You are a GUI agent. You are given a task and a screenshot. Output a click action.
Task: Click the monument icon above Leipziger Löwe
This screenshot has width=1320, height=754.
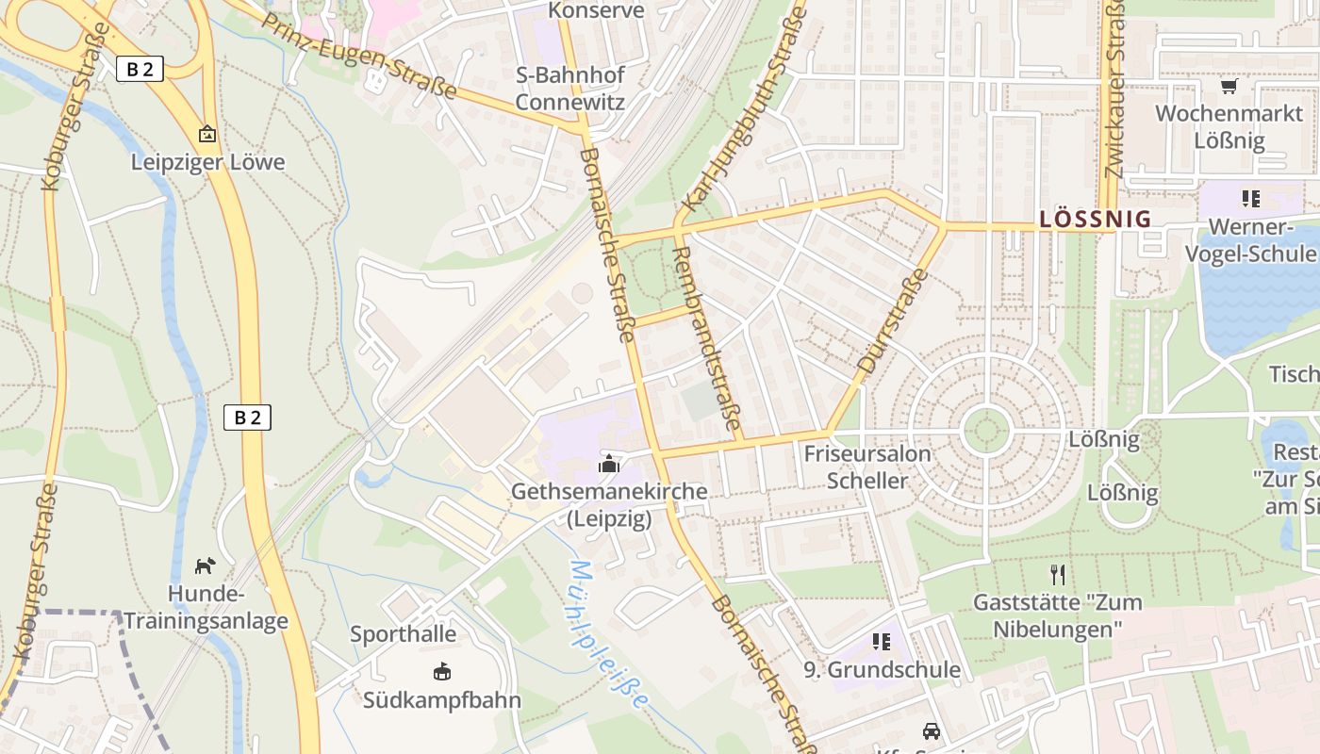(207, 135)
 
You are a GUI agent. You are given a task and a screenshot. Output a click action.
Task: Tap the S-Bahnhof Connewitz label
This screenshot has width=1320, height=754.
(569, 89)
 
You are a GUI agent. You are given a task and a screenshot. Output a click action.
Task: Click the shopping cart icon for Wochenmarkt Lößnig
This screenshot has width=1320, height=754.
(1229, 87)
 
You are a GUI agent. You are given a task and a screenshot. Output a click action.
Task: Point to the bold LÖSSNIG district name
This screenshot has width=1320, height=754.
(1095, 220)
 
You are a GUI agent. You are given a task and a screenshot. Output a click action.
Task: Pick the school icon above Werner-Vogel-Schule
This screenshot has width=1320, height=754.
(1251, 199)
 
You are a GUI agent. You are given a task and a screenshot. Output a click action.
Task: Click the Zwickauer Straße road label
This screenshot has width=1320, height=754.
(1114, 90)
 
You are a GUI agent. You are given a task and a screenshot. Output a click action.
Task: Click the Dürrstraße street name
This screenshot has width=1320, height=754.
(892, 320)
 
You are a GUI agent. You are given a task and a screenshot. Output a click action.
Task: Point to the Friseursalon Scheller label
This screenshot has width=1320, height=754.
(866, 467)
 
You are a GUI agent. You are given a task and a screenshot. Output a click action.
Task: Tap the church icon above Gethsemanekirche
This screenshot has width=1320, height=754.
(609, 464)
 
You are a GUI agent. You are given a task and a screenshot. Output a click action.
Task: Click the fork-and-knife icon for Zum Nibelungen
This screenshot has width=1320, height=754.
(1058, 574)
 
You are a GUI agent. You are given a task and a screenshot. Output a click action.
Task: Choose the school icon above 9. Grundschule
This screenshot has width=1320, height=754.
(882, 643)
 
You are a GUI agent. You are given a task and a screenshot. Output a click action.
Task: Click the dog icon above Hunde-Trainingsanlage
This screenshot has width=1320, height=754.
(205, 565)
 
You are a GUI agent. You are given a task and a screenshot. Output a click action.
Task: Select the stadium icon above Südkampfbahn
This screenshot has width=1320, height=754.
(441, 671)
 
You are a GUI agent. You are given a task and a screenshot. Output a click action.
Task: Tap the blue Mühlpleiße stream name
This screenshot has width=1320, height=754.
(610, 635)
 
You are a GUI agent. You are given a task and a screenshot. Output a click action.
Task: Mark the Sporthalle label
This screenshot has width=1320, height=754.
(403, 634)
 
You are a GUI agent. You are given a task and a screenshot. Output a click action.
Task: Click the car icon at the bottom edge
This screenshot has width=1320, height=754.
(931, 731)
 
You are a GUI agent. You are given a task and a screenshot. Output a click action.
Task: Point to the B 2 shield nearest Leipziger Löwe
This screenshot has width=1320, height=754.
(140, 69)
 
